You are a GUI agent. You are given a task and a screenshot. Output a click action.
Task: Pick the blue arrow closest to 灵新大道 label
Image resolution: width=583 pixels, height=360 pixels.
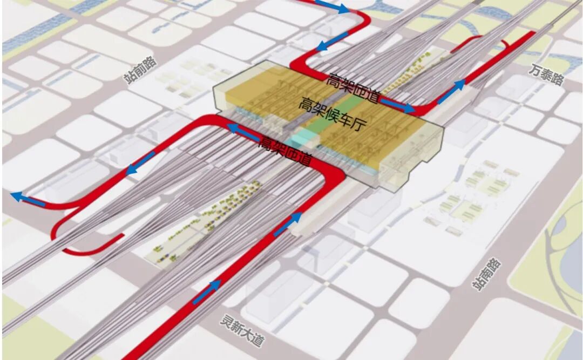coord(206,292)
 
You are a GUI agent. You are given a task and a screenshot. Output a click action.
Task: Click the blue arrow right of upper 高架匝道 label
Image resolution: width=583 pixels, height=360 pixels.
coord(398,105)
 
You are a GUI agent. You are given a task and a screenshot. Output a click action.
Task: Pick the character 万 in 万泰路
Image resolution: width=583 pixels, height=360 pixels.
coord(535,70)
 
